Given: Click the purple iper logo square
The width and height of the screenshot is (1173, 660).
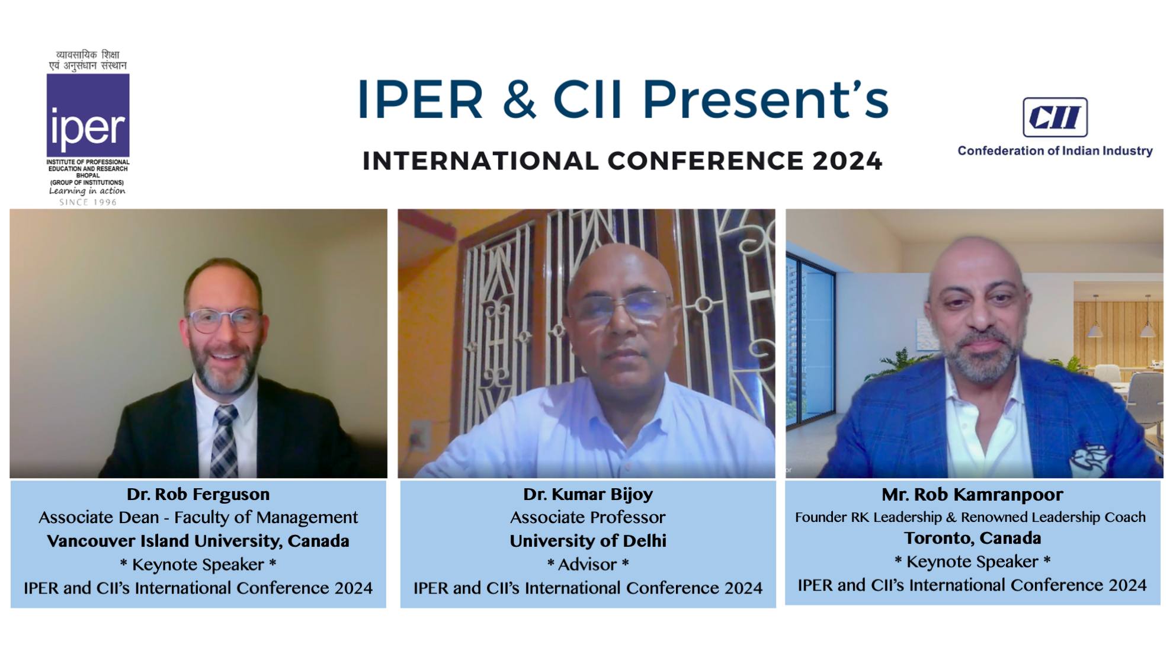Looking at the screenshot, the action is pyautogui.click(x=88, y=116).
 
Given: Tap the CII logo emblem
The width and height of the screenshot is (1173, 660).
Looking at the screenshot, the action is pyautogui.click(x=1055, y=117).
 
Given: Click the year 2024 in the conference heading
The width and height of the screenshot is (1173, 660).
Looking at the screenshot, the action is pyautogui.click(x=847, y=161).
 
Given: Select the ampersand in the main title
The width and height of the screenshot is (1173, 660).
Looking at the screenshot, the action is pyautogui.click(x=520, y=100).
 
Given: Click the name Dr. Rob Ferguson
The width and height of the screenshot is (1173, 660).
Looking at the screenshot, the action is pyautogui.click(x=198, y=494).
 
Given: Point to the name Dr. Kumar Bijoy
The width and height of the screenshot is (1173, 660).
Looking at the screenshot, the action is pyautogui.click(x=588, y=494).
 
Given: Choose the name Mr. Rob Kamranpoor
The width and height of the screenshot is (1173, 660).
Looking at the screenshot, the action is pyautogui.click(x=972, y=494).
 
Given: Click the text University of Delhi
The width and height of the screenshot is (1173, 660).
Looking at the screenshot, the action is pyautogui.click(x=588, y=541).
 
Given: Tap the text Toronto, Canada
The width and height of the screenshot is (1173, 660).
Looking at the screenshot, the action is pyautogui.click(x=972, y=538).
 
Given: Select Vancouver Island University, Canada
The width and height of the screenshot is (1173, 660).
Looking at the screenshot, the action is pyautogui.click(x=198, y=541).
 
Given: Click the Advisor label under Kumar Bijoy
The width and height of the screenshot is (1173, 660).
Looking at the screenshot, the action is pyautogui.click(x=588, y=565).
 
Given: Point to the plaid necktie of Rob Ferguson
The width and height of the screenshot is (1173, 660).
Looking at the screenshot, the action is pyautogui.click(x=225, y=441).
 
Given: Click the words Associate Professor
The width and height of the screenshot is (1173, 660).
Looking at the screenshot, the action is pyautogui.click(x=588, y=517).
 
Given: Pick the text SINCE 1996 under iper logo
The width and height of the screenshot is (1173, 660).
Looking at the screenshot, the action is pyautogui.click(x=88, y=202).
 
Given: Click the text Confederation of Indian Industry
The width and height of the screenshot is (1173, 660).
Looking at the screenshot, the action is pyautogui.click(x=1055, y=150).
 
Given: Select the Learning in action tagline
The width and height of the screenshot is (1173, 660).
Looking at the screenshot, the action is pyautogui.click(x=87, y=191).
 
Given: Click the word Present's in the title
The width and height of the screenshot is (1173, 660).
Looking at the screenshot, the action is pyautogui.click(x=765, y=100).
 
